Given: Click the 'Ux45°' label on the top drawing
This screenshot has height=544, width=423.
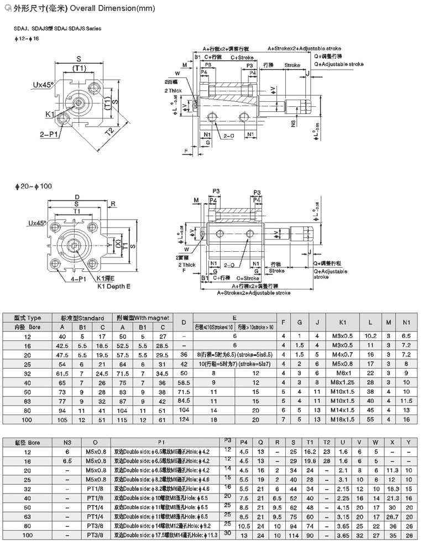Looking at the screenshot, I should [x=43, y=85].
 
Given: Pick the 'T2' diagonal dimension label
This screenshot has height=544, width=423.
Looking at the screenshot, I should [x=110, y=131].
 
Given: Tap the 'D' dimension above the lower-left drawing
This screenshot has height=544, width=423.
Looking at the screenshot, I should [x=77, y=197].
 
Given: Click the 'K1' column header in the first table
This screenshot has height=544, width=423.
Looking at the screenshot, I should [x=342, y=322].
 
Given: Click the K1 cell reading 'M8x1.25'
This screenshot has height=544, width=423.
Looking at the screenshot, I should [x=342, y=382].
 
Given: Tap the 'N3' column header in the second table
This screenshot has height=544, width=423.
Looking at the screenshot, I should [x=67, y=443].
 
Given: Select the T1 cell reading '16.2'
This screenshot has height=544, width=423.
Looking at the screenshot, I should [x=310, y=452].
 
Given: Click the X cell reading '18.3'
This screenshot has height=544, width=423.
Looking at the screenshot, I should [x=393, y=489].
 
